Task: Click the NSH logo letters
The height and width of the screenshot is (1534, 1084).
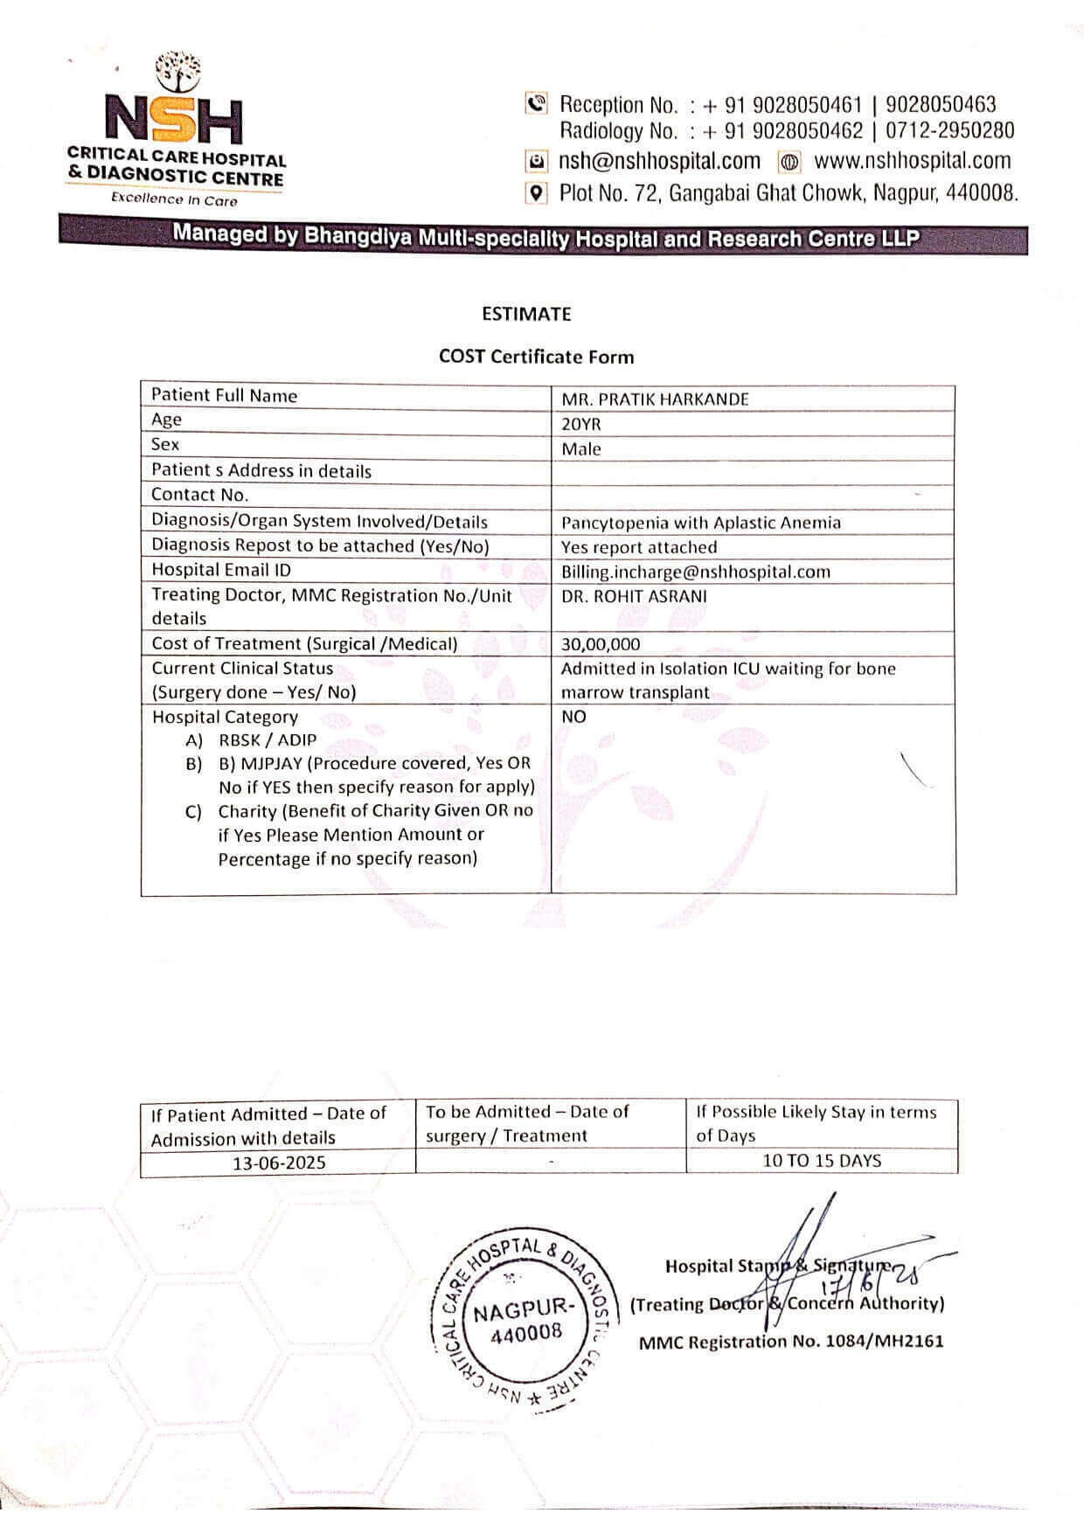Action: click(174, 119)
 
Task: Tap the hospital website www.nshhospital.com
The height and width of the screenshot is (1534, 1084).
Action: click(912, 161)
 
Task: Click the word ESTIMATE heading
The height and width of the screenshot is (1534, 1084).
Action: click(526, 314)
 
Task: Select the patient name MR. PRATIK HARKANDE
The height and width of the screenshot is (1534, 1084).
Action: click(655, 399)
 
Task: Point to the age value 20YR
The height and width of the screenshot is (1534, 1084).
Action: click(581, 425)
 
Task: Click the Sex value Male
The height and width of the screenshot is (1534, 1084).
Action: click(581, 449)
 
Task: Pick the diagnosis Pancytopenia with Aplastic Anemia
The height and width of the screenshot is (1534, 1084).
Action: click(701, 523)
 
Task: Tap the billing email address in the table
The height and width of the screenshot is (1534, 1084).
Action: click(696, 572)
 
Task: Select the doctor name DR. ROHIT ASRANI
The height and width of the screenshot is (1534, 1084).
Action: click(635, 596)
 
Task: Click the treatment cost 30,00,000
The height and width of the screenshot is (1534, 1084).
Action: click(601, 645)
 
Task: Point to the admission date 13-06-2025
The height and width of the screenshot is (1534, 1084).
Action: click(279, 1163)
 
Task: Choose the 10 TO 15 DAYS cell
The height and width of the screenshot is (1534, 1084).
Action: click(822, 1161)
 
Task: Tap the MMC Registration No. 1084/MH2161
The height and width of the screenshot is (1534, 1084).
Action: click(791, 1342)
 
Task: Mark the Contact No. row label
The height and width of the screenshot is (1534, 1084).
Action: click(200, 495)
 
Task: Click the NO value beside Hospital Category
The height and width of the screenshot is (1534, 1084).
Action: click(573, 717)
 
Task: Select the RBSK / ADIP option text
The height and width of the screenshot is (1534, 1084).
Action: click(268, 739)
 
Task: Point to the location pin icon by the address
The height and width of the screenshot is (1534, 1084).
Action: click(536, 192)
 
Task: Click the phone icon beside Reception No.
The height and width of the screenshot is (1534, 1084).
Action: click(536, 104)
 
